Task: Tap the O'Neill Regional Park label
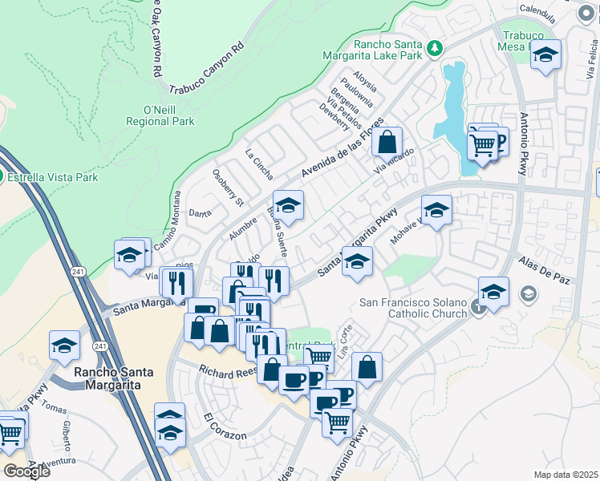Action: click(x=160, y=115)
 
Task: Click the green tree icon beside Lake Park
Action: click(x=435, y=49)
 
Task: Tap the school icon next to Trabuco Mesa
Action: click(x=545, y=55)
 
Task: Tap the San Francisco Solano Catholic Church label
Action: click(x=412, y=308)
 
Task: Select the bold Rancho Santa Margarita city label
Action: click(x=107, y=378)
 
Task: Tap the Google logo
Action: click(x=26, y=471)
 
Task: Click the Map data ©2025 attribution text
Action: click(x=566, y=475)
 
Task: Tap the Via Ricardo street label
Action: click(x=393, y=161)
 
